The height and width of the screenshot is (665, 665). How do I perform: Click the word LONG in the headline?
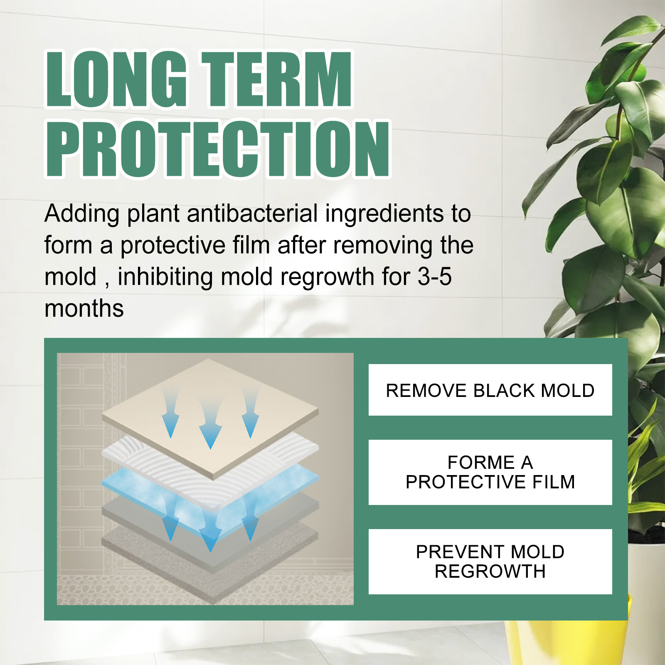tap(116, 79)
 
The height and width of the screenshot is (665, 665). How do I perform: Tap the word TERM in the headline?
tap(277, 79)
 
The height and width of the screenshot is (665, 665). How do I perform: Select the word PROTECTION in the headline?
tap(218, 149)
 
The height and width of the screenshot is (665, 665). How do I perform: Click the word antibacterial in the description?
tap(252, 214)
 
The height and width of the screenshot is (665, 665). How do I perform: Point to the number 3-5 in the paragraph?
tap(434, 277)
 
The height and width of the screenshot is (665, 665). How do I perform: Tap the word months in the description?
tap(84, 309)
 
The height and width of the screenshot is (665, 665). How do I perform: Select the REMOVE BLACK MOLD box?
tap(490, 390)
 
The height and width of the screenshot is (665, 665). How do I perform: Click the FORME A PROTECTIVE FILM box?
tap(490, 472)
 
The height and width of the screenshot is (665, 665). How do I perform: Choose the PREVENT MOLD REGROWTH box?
tap(490, 562)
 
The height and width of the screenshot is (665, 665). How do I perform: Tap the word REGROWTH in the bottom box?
tap(490, 571)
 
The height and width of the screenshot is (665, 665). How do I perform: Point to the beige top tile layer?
tap(210, 420)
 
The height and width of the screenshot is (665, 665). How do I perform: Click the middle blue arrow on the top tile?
tap(210, 424)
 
